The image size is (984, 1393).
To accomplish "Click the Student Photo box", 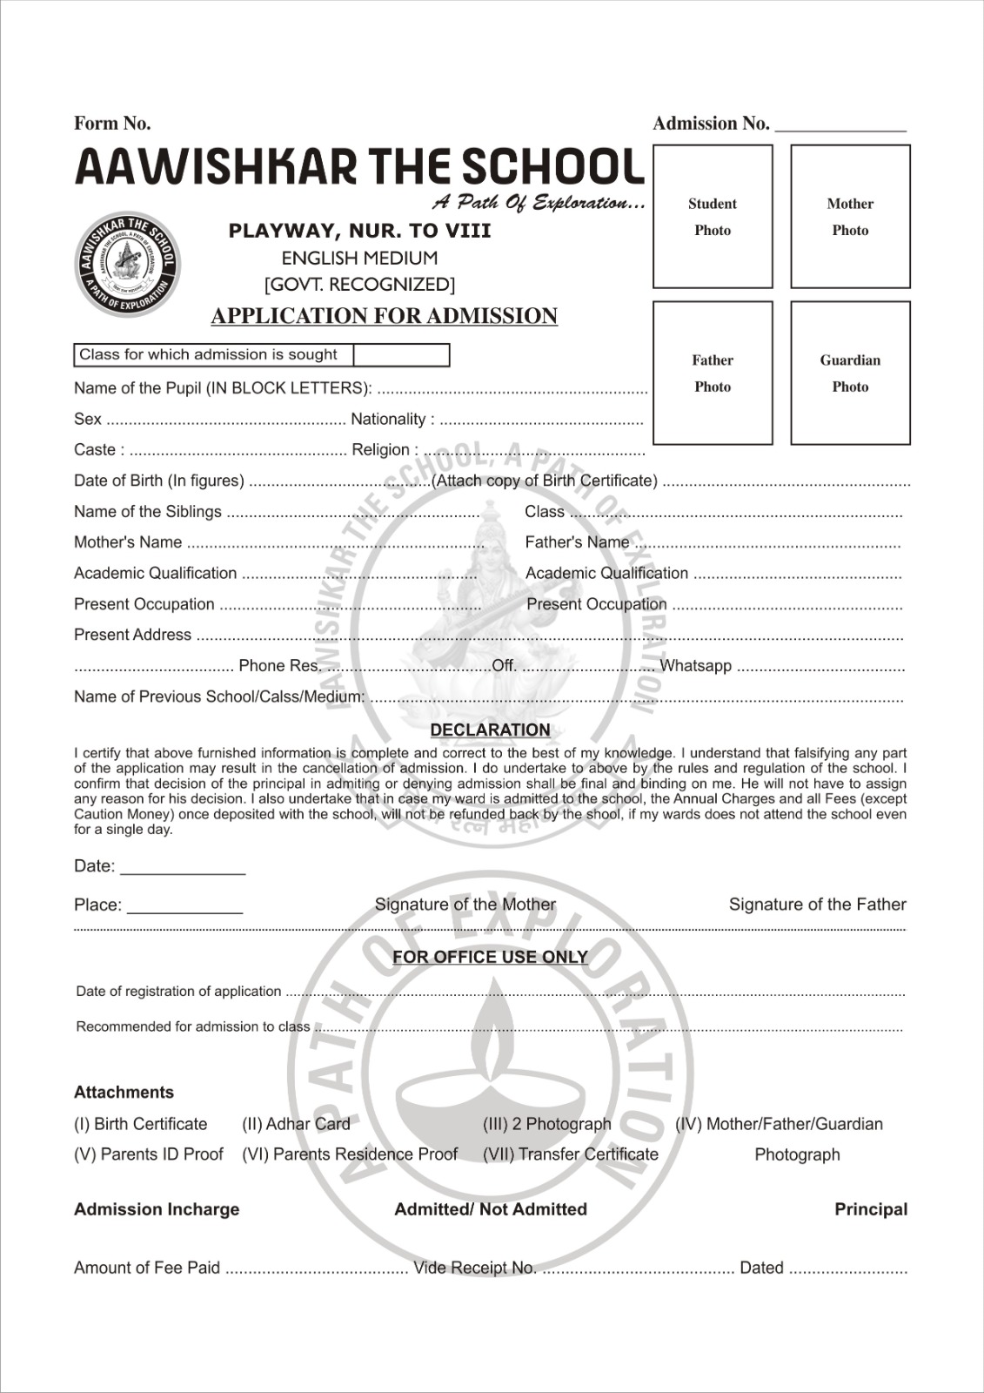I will pos(713,216).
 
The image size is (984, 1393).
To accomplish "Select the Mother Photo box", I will pos(850,216).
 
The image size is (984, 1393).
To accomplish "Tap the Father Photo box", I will pos(713,373).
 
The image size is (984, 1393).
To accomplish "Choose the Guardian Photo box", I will pos(850,373).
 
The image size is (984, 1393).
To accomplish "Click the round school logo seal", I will pos(128,265).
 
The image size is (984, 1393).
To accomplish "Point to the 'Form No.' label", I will pos(112,124).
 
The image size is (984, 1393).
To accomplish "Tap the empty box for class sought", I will pos(401,355).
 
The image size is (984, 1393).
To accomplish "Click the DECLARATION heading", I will pos(490,730).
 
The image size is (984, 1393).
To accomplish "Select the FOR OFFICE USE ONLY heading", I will pos(490,957).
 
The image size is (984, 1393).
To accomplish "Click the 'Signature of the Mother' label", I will pos(465,905).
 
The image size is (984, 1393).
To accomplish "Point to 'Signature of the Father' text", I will pos(817,905).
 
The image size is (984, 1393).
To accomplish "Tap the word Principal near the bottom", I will pos(870,1209).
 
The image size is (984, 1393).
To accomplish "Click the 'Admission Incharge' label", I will pos(157,1209).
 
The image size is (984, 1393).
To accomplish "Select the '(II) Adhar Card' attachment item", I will pos(296,1124).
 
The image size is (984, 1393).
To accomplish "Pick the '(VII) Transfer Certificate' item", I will pos(571,1154).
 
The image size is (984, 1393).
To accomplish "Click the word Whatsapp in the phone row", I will pos(695,666).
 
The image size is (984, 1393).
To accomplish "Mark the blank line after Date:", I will pos(183,869).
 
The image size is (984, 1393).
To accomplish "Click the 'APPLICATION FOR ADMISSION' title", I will pos(384,316).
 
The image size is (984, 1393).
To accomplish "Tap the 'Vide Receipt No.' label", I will pos(474,1268).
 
